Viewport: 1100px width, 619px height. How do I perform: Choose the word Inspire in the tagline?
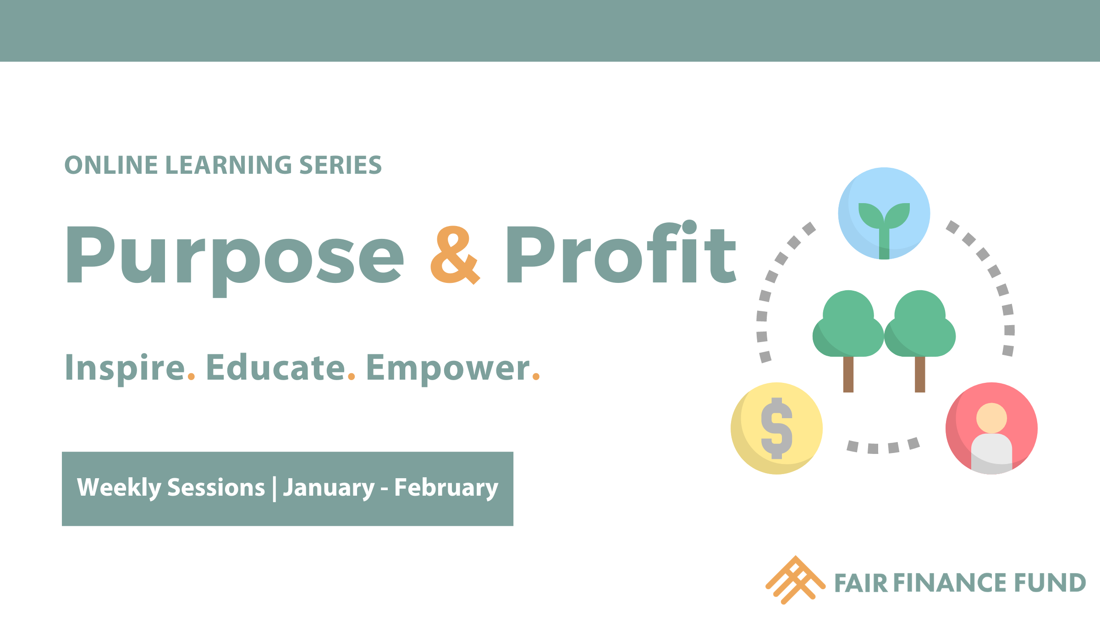[x=125, y=368]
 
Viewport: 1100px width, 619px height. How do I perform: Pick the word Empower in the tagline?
[x=448, y=369]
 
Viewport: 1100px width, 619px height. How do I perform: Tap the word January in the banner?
[x=329, y=487]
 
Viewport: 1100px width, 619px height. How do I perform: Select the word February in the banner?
[x=446, y=487]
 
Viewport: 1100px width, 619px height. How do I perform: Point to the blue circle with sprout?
[x=884, y=213]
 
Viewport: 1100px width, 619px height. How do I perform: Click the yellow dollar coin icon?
[x=776, y=428]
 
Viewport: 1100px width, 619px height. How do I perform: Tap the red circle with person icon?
[x=991, y=428]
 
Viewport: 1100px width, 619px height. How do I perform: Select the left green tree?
[x=848, y=335]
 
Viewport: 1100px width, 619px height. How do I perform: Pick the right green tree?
[x=920, y=335]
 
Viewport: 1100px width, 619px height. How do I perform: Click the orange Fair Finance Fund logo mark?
[x=795, y=580]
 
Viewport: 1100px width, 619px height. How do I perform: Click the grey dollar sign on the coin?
[x=776, y=428]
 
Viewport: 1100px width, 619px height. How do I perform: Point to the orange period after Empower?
[x=536, y=377]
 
